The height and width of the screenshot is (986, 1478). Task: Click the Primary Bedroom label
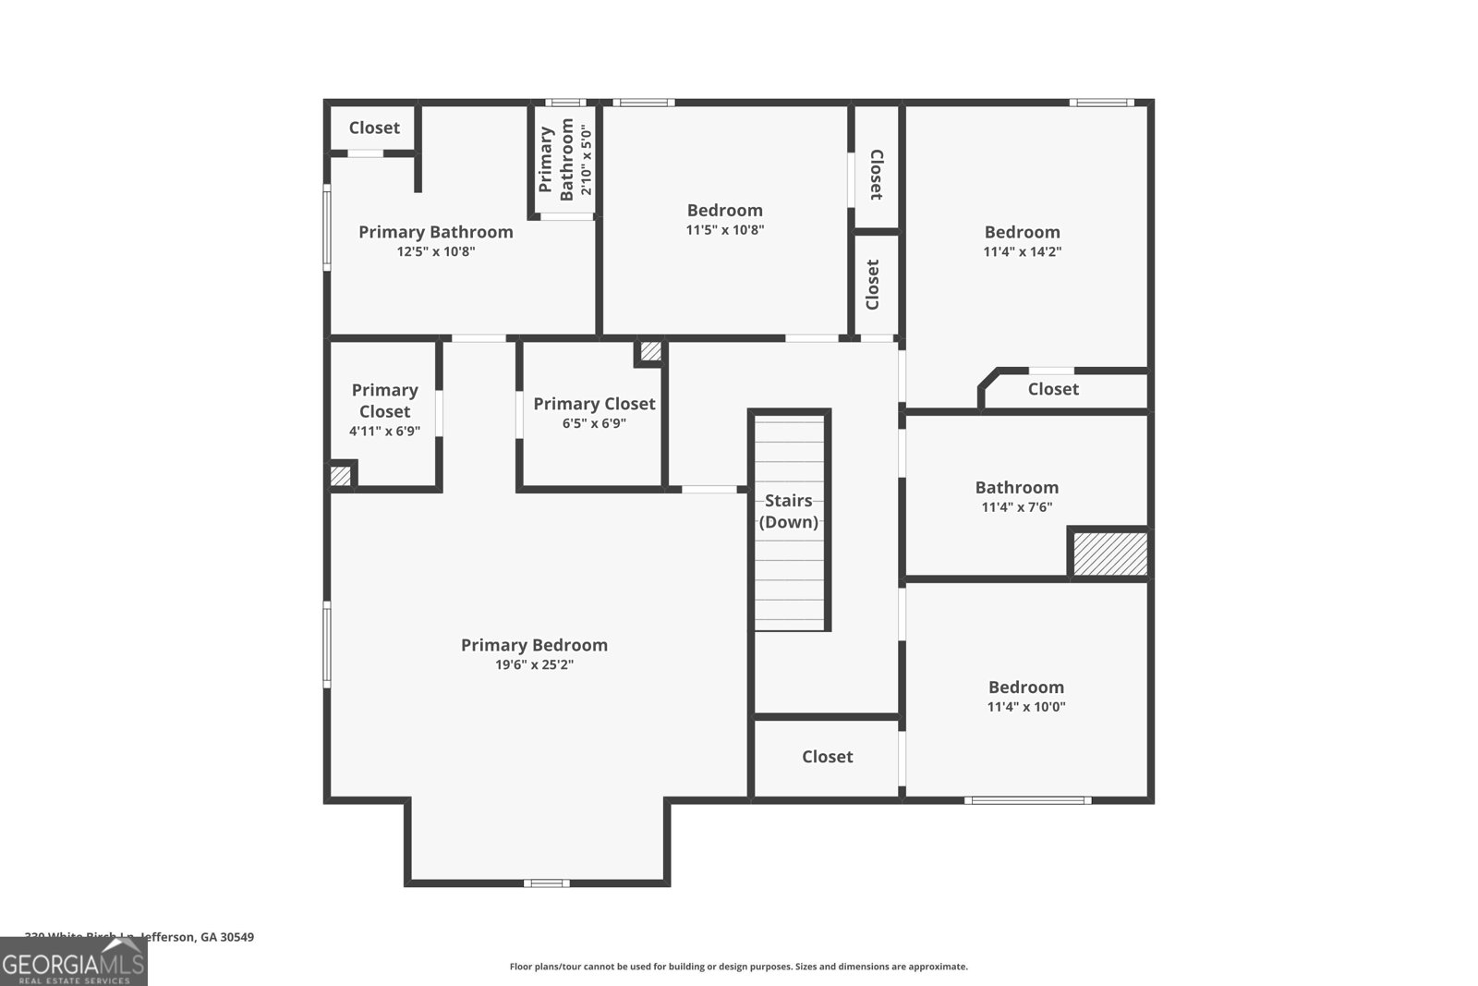pyautogui.click(x=534, y=645)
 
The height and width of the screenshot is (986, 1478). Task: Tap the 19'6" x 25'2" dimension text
pyautogui.click(x=534, y=665)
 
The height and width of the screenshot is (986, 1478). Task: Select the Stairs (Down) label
pyautogui.click(x=789, y=511)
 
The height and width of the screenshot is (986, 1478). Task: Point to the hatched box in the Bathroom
pyautogui.click(x=1109, y=553)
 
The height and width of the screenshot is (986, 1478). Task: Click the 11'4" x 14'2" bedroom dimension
pyautogui.click(x=1022, y=251)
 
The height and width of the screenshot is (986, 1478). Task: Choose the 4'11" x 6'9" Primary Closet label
pyautogui.click(x=384, y=401)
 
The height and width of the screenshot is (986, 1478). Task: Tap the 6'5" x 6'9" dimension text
pyautogui.click(x=594, y=423)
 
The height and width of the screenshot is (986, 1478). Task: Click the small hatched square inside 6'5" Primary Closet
pyautogui.click(x=650, y=351)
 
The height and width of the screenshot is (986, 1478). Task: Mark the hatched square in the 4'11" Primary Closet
pyautogui.click(x=341, y=476)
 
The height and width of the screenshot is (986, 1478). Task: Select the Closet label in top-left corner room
pyautogui.click(x=374, y=128)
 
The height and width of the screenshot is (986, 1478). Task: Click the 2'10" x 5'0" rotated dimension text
pyautogui.click(x=585, y=159)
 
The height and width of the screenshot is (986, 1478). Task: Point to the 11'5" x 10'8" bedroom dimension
pyautogui.click(x=725, y=230)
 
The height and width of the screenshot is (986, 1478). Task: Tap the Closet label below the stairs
pyautogui.click(x=827, y=757)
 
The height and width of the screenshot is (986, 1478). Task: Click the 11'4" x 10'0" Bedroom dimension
pyautogui.click(x=1026, y=707)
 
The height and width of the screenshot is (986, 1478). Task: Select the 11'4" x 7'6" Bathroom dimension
pyautogui.click(x=1016, y=507)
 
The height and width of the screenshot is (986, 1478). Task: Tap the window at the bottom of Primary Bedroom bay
pyautogui.click(x=546, y=883)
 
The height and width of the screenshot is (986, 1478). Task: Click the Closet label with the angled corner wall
pyautogui.click(x=1053, y=389)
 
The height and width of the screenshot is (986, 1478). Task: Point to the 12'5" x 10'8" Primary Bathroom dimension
pyautogui.click(x=436, y=251)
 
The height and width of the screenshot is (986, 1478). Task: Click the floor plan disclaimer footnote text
pyautogui.click(x=738, y=967)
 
